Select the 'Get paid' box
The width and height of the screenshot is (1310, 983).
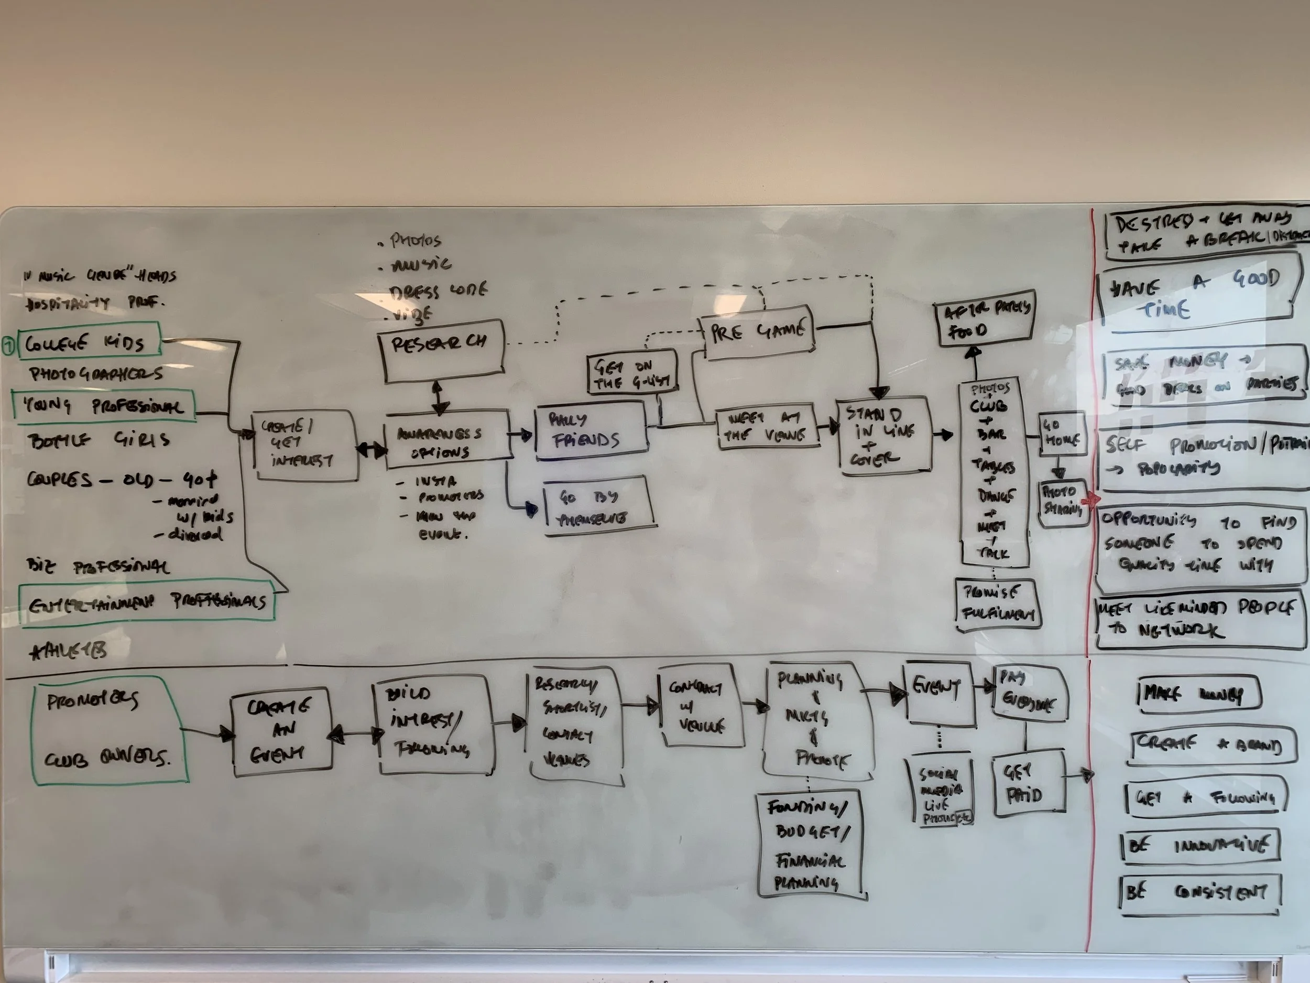pyautogui.click(x=1028, y=782)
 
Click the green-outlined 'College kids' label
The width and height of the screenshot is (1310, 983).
pyautogui.click(x=89, y=342)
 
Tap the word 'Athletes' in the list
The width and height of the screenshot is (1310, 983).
pyautogui.click(x=69, y=652)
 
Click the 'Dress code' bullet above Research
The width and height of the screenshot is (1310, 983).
pyautogui.click(x=438, y=290)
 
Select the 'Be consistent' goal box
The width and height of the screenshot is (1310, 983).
pyautogui.click(x=1200, y=893)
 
